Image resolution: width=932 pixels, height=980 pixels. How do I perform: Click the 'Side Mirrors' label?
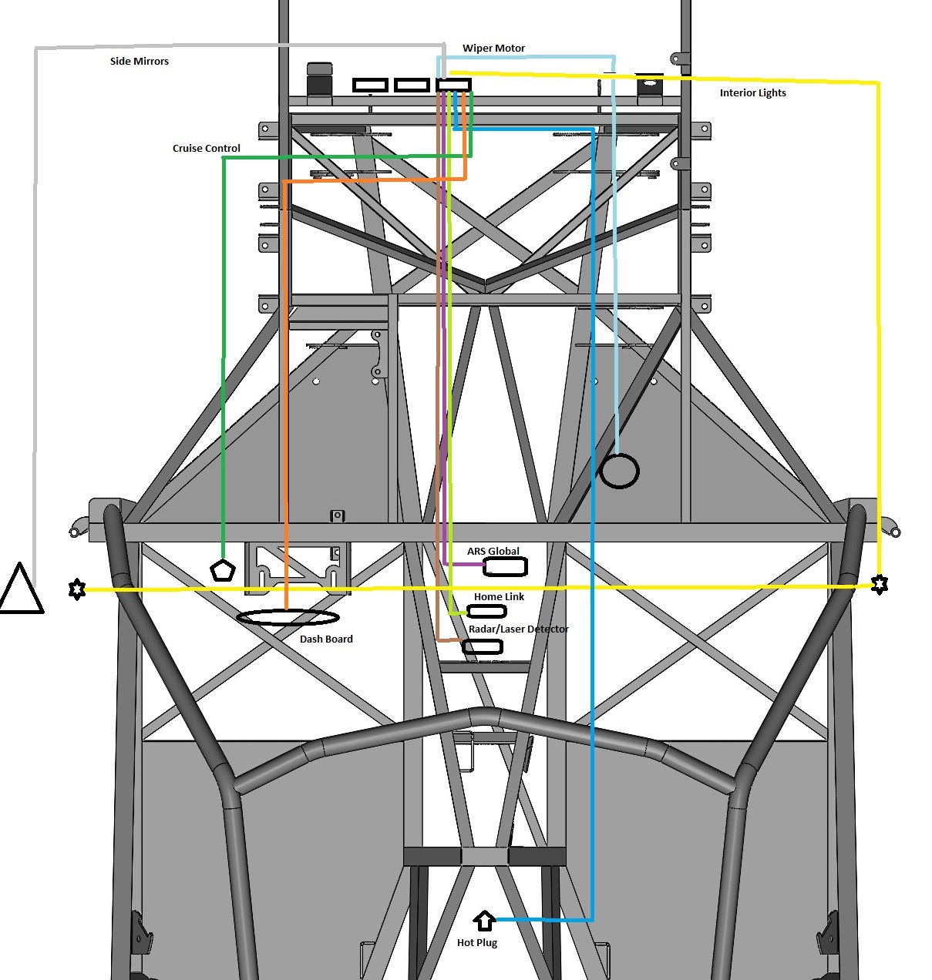[139, 62]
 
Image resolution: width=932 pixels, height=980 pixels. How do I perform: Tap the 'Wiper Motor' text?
[493, 49]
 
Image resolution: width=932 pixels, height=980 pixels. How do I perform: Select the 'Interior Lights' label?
[752, 93]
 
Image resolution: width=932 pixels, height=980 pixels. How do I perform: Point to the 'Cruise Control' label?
[206, 149]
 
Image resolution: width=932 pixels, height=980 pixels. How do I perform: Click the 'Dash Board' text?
[326, 639]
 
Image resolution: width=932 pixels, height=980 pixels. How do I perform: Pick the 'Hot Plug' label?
[477, 943]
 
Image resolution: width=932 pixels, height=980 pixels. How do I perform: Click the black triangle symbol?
[20, 590]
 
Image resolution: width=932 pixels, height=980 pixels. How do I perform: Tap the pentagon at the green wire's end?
[223, 570]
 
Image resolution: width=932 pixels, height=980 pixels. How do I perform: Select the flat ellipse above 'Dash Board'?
[288, 617]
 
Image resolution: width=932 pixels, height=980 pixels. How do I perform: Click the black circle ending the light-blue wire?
[619, 471]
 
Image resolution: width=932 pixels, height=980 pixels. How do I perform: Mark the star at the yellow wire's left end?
[76, 589]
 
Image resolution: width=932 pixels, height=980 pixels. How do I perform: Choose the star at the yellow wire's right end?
[879, 585]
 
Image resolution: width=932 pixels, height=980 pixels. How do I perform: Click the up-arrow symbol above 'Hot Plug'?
[484, 919]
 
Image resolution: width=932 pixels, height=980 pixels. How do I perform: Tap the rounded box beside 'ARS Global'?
[505, 567]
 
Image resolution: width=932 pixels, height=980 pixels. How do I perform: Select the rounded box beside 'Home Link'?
[487, 612]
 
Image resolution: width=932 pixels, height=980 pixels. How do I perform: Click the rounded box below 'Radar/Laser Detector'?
[483, 647]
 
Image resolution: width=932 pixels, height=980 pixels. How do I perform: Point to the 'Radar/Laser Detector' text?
[518, 629]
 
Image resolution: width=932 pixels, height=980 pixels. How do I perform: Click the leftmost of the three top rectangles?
[370, 85]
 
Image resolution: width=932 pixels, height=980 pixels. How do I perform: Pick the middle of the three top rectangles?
[412, 85]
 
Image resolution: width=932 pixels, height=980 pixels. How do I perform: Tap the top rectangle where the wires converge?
[453, 85]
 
